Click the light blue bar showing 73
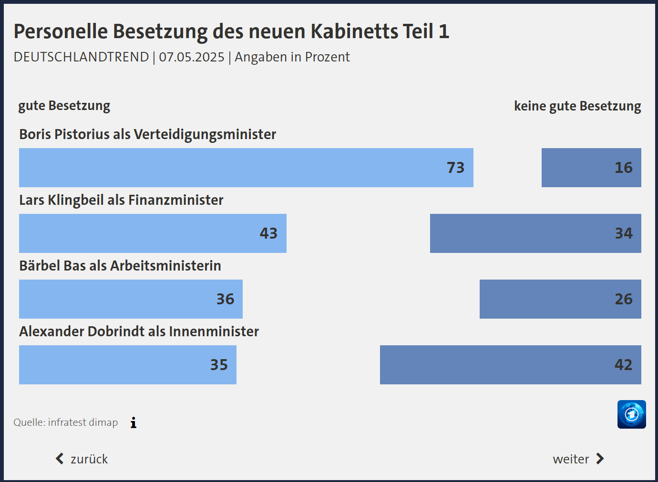[246, 168]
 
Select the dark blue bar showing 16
[591, 168]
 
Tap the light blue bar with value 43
[153, 233]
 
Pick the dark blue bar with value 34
[535, 233]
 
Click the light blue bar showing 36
[131, 299]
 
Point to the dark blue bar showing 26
[560, 299]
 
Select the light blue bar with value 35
[128, 365]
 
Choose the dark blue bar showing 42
[510, 365]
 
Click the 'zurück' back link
[82, 459]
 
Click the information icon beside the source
[134, 422]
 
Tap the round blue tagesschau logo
[631, 414]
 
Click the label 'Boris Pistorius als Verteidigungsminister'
[148, 134]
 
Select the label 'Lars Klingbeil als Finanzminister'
[121, 200]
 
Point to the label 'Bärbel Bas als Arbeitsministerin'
[120, 266]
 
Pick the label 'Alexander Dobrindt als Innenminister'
[139, 331]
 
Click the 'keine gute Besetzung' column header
[577, 106]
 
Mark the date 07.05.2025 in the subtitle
[192, 57]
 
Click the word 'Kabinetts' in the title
[354, 31]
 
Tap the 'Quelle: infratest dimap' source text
[66, 422]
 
